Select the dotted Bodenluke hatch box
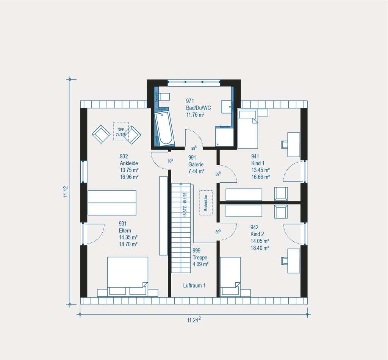(206, 202)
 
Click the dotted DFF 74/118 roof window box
(121, 132)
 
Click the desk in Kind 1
(294, 144)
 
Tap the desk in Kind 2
(294, 260)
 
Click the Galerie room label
(196, 164)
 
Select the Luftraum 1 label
(194, 285)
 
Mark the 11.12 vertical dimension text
(66, 192)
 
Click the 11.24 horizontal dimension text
(193, 320)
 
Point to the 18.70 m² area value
(128, 244)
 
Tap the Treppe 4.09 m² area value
(200, 264)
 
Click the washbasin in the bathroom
(228, 106)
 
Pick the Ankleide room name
(129, 163)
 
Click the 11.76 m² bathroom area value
(196, 114)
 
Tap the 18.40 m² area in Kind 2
(260, 248)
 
